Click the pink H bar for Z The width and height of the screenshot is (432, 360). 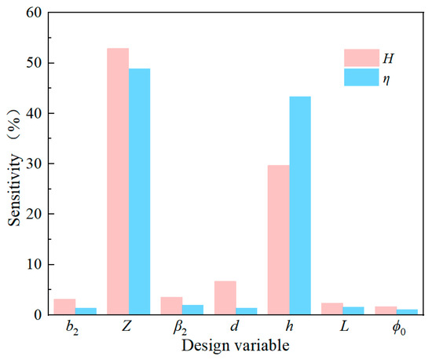click(118, 182)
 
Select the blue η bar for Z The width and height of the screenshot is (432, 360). click(139, 192)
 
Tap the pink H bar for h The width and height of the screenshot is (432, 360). click(279, 240)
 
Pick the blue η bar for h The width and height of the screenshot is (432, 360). click(300, 205)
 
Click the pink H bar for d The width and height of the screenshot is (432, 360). click(225, 298)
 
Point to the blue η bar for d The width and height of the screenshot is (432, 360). click(247, 311)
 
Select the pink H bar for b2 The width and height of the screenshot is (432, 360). click(64, 307)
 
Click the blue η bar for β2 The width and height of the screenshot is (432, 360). click(193, 310)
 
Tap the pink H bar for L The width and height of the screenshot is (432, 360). click(332, 309)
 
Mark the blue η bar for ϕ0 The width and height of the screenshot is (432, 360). click(407, 312)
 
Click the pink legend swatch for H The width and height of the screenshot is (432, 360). click(362, 58)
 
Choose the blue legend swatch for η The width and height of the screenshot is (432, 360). click(362, 77)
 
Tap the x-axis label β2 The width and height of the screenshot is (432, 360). click(180, 328)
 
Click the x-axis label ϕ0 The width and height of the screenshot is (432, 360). click(399, 328)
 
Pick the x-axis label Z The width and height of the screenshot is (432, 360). click(126, 326)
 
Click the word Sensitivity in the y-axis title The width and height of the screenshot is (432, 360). click(14, 190)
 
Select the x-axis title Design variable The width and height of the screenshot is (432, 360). click(236, 346)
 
